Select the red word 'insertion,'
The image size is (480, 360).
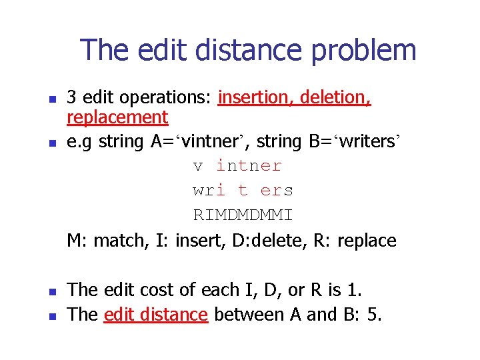point(256,98)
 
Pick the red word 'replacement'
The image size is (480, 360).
point(117,118)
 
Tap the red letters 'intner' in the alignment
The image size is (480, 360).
point(249,165)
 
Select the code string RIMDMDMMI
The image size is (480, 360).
point(243,215)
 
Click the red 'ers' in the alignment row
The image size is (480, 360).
point(277,191)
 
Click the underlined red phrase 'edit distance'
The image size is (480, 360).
point(156,314)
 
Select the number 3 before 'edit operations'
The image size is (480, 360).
point(71,98)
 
